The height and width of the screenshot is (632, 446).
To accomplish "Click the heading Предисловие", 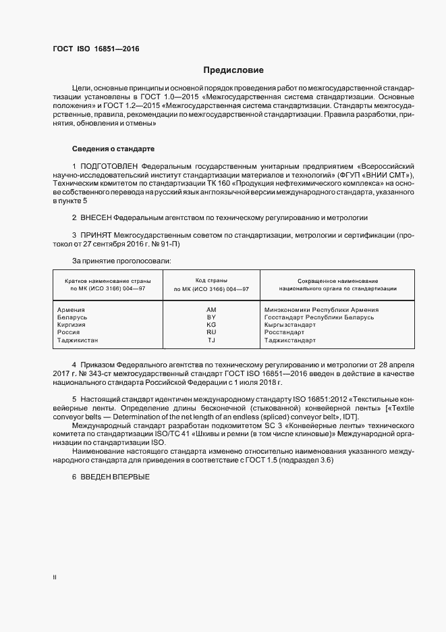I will click(x=233, y=70).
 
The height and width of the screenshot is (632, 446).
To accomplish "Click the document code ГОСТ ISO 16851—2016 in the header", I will click(x=96, y=49).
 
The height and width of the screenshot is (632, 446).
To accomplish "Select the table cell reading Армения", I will click(x=72, y=309).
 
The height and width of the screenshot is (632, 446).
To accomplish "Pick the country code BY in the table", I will click(x=211, y=317).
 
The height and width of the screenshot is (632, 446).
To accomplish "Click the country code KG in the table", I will click(x=211, y=325).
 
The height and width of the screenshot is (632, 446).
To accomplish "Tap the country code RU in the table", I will click(x=211, y=333).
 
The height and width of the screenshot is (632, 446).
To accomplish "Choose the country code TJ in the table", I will click(x=211, y=341).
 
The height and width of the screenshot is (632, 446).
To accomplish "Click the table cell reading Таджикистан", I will click(x=78, y=341).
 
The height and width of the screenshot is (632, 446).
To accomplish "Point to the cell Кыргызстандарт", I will click(x=289, y=325).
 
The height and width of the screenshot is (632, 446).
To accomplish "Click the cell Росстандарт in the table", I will click(x=285, y=333).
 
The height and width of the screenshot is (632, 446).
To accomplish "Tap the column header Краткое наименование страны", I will click(x=108, y=280).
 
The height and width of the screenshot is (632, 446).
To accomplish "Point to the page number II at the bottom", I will click(x=55, y=577).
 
